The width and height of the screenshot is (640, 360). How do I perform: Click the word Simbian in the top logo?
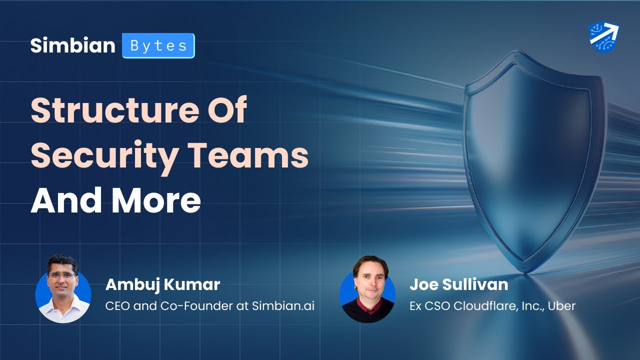tap(72, 45)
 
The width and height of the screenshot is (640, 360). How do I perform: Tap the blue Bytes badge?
tap(158, 45)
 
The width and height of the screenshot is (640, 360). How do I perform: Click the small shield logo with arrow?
tap(603, 37)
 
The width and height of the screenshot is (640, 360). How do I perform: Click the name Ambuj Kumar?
tap(162, 285)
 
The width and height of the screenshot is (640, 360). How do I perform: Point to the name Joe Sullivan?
tap(458, 285)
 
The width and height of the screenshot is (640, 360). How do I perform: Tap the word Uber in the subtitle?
tap(561, 306)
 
